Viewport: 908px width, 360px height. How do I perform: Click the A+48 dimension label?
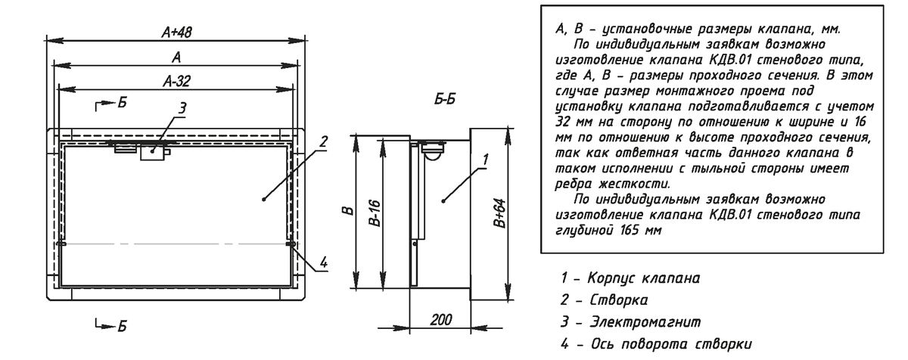tap(176, 32)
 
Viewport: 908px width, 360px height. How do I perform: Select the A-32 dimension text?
tap(176, 82)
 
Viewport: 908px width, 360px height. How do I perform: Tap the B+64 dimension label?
tap(500, 213)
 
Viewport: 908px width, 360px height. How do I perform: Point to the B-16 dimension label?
tap(376, 213)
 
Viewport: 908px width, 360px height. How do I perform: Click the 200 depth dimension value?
tap(440, 320)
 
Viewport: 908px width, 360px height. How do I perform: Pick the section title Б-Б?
tap(445, 99)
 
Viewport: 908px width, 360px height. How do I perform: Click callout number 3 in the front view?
tap(182, 108)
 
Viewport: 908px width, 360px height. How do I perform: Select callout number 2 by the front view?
tap(323, 141)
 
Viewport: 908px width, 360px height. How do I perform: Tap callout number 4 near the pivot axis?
tap(324, 262)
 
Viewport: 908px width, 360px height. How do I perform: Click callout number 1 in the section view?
tap(486, 160)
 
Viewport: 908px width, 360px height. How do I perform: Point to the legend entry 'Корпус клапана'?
tap(643, 278)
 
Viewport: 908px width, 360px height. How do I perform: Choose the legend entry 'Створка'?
tap(619, 300)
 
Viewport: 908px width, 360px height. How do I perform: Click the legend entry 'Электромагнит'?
tap(645, 322)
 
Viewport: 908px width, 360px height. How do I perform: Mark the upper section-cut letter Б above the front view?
tap(122, 103)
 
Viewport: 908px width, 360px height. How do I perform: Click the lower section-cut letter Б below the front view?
tap(122, 326)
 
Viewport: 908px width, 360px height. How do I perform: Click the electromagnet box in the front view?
tap(152, 152)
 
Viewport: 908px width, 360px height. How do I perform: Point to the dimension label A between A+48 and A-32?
tap(176, 58)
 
